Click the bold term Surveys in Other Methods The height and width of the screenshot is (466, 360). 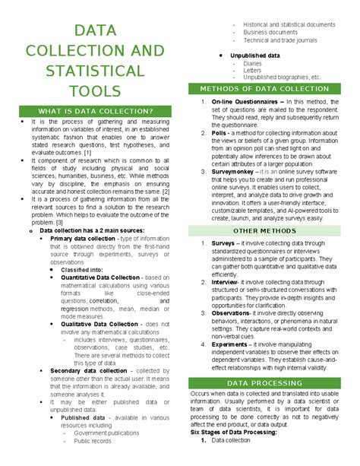[226, 243]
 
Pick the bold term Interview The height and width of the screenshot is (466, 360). [228, 282]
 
